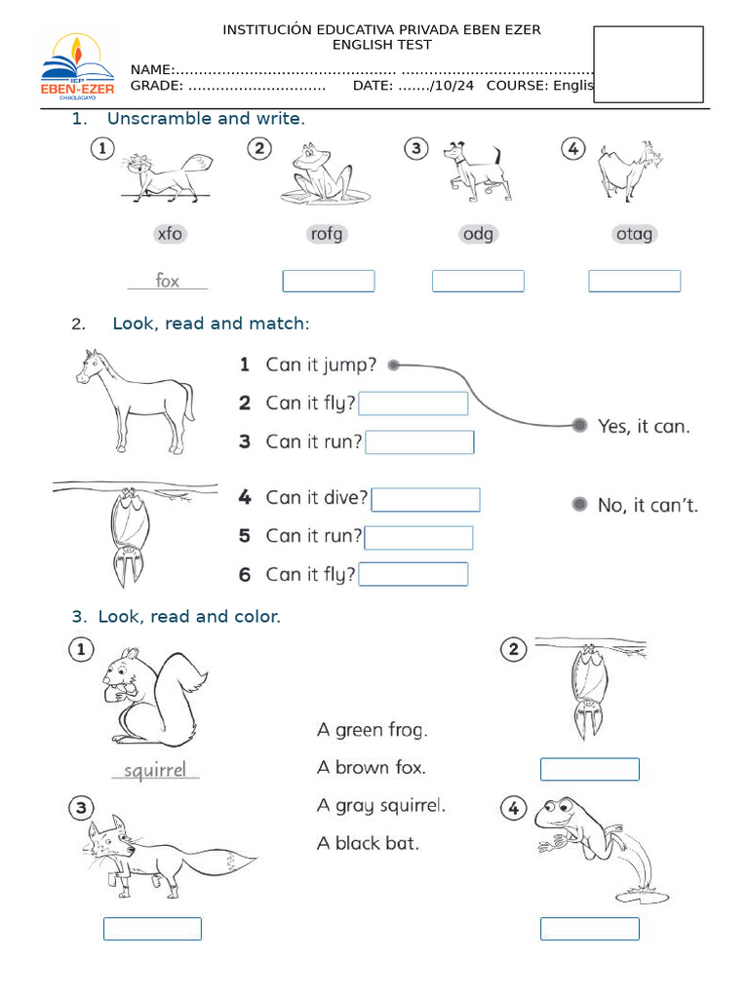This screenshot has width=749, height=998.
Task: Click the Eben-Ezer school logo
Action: point(77,68)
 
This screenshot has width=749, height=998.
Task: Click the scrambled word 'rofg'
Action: point(326,234)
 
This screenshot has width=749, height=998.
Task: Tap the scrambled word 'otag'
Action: point(634,234)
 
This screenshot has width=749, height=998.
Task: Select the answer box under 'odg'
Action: point(478,282)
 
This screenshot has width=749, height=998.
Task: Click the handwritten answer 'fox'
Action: point(168,281)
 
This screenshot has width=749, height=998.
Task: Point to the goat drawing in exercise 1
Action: point(626,171)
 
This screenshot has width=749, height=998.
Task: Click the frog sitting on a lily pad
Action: point(322,175)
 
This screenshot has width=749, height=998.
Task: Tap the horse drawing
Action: point(135,399)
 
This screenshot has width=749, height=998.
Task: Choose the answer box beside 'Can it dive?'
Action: point(425,500)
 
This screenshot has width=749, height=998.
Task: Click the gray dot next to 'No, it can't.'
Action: point(579,504)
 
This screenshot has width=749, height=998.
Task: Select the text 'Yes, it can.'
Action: point(643,426)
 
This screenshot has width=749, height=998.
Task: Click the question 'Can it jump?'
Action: point(321,365)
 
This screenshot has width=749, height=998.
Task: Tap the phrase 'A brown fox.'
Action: point(372,767)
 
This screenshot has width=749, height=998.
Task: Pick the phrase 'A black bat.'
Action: point(368,843)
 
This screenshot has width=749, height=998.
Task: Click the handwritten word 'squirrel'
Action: point(155,770)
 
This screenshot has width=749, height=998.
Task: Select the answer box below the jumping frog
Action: point(590,929)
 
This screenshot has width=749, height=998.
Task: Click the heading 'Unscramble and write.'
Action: point(206,119)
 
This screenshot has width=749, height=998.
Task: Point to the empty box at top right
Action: point(649,64)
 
